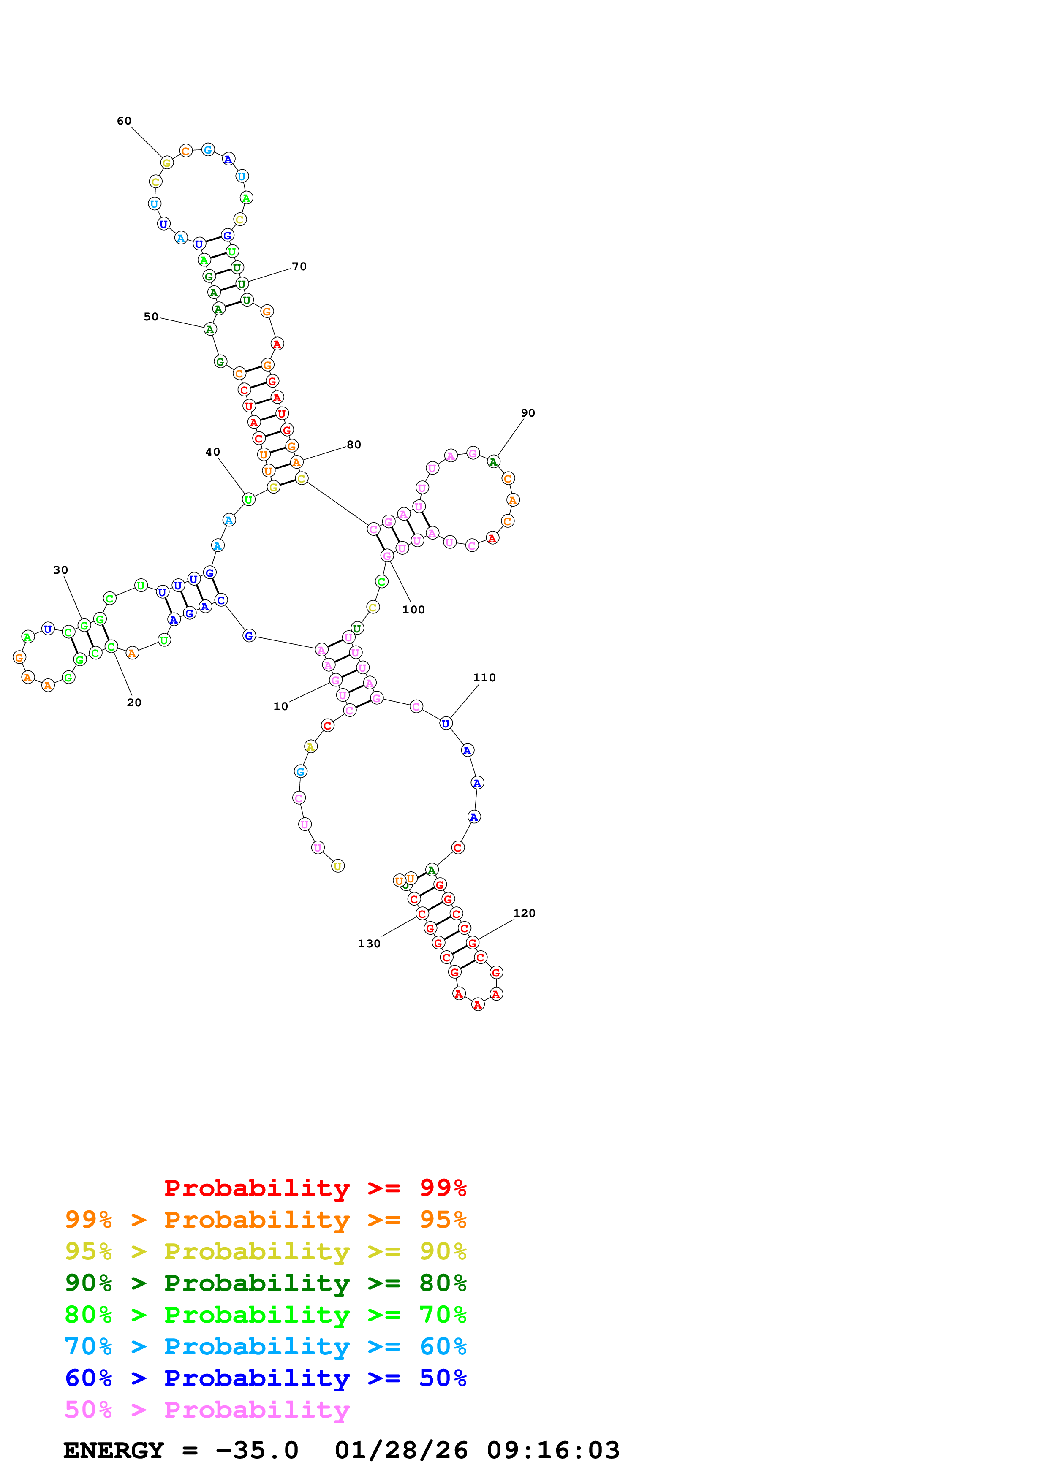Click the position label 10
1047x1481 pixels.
pos(280,706)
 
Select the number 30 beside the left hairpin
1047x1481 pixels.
pos(61,570)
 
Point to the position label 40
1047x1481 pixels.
pos(213,452)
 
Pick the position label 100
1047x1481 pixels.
pos(413,610)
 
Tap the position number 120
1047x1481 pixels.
pos(525,913)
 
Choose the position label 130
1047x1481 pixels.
pos(370,944)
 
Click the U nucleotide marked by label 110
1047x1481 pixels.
pos(446,724)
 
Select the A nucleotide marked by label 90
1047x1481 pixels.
pos(493,462)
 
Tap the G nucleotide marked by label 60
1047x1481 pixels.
pos(166,163)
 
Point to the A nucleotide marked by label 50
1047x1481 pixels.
pos(209,330)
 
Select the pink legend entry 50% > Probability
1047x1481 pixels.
pos(207,1410)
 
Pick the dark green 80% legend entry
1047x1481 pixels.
pos(266,1283)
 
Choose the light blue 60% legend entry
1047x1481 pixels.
pos(266,1347)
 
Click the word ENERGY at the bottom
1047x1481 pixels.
pos(114,1451)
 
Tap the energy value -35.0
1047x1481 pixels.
pos(257,1451)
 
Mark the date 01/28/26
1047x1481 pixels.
pos(401,1451)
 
